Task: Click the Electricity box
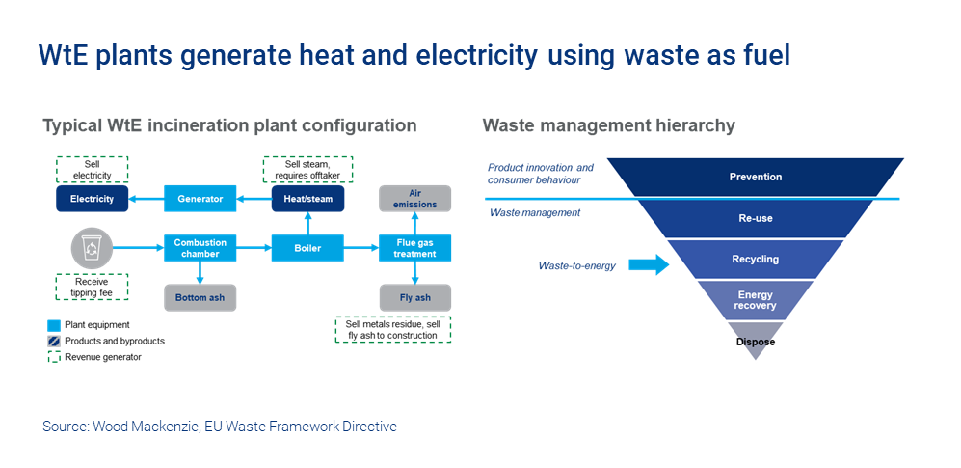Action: (92, 200)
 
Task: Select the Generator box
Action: (200, 200)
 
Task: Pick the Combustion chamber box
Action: (200, 248)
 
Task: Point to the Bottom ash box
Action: (200, 297)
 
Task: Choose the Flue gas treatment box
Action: (415, 248)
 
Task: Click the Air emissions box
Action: (415, 199)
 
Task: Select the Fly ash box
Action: (415, 297)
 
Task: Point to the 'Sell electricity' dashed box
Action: (92, 170)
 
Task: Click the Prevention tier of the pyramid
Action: (755, 178)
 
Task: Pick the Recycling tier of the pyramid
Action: (755, 260)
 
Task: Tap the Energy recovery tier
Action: (755, 300)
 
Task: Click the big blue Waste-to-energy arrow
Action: (649, 265)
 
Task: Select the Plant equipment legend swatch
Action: (54, 325)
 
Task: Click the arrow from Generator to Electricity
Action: (147, 200)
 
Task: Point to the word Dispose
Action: (756, 342)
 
